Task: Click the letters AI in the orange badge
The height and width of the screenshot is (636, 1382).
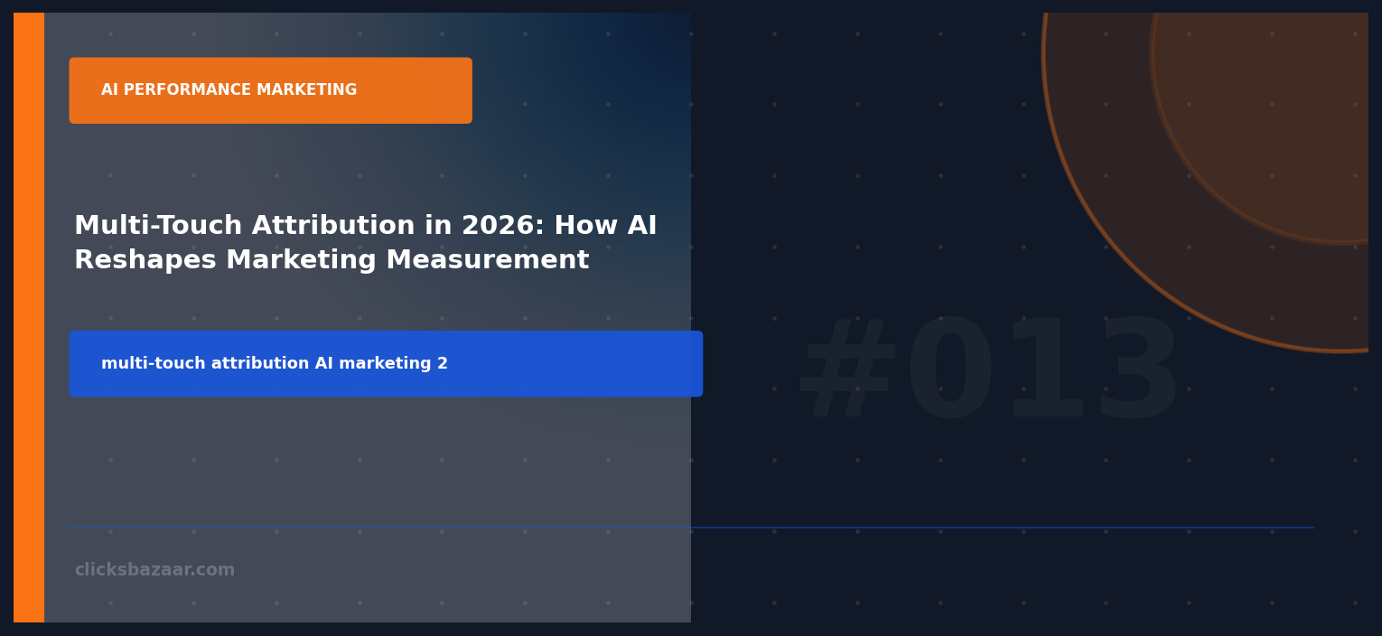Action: pyautogui.click(x=110, y=90)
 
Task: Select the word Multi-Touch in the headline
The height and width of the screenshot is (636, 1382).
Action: pyautogui.click(x=158, y=226)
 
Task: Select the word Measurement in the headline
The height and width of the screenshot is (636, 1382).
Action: pyautogui.click(x=487, y=261)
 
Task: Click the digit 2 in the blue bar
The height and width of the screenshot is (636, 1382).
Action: pyautogui.click(x=443, y=364)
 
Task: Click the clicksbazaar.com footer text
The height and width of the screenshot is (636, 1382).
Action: pyautogui.click(x=154, y=570)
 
